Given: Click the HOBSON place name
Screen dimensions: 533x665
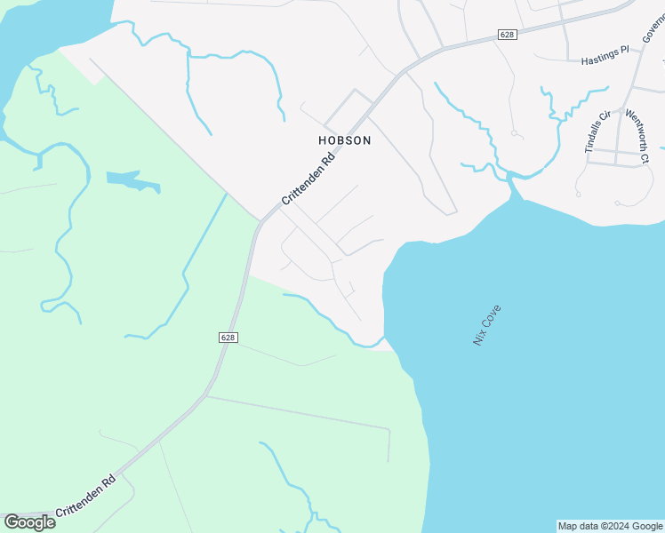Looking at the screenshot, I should coord(344,140).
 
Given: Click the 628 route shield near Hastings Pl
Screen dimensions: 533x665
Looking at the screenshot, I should coord(507,35).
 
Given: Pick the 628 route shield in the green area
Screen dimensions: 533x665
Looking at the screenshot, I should coord(228,338).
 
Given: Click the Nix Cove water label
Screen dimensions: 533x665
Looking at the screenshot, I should coord(487,325).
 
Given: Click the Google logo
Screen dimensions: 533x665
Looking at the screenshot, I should coord(29,522).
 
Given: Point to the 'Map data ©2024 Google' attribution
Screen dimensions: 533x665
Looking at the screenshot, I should coord(611,526).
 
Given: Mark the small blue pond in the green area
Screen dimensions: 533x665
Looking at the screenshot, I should coord(133,181).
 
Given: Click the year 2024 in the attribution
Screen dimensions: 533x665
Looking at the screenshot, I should coord(620,526).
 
